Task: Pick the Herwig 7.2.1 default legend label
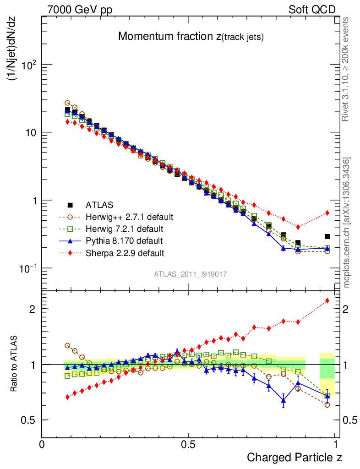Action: click(124, 229)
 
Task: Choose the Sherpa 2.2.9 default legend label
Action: click(125, 252)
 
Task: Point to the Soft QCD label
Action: click(312, 10)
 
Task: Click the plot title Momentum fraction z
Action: click(191, 37)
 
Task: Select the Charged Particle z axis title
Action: click(295, 457)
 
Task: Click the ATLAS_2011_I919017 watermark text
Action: click(191, 274)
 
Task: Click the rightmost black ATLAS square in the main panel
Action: click(327, 236)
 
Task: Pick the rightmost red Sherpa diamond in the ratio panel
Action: click(327, 300)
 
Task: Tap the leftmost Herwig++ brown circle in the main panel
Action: click(67, 103)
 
